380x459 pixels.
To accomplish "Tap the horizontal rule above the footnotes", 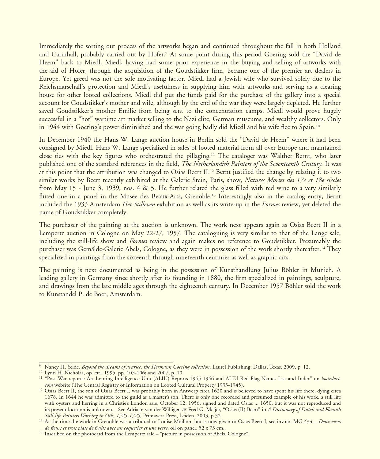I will click(106, 362).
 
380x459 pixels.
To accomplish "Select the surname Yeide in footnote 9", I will click(74, 367).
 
